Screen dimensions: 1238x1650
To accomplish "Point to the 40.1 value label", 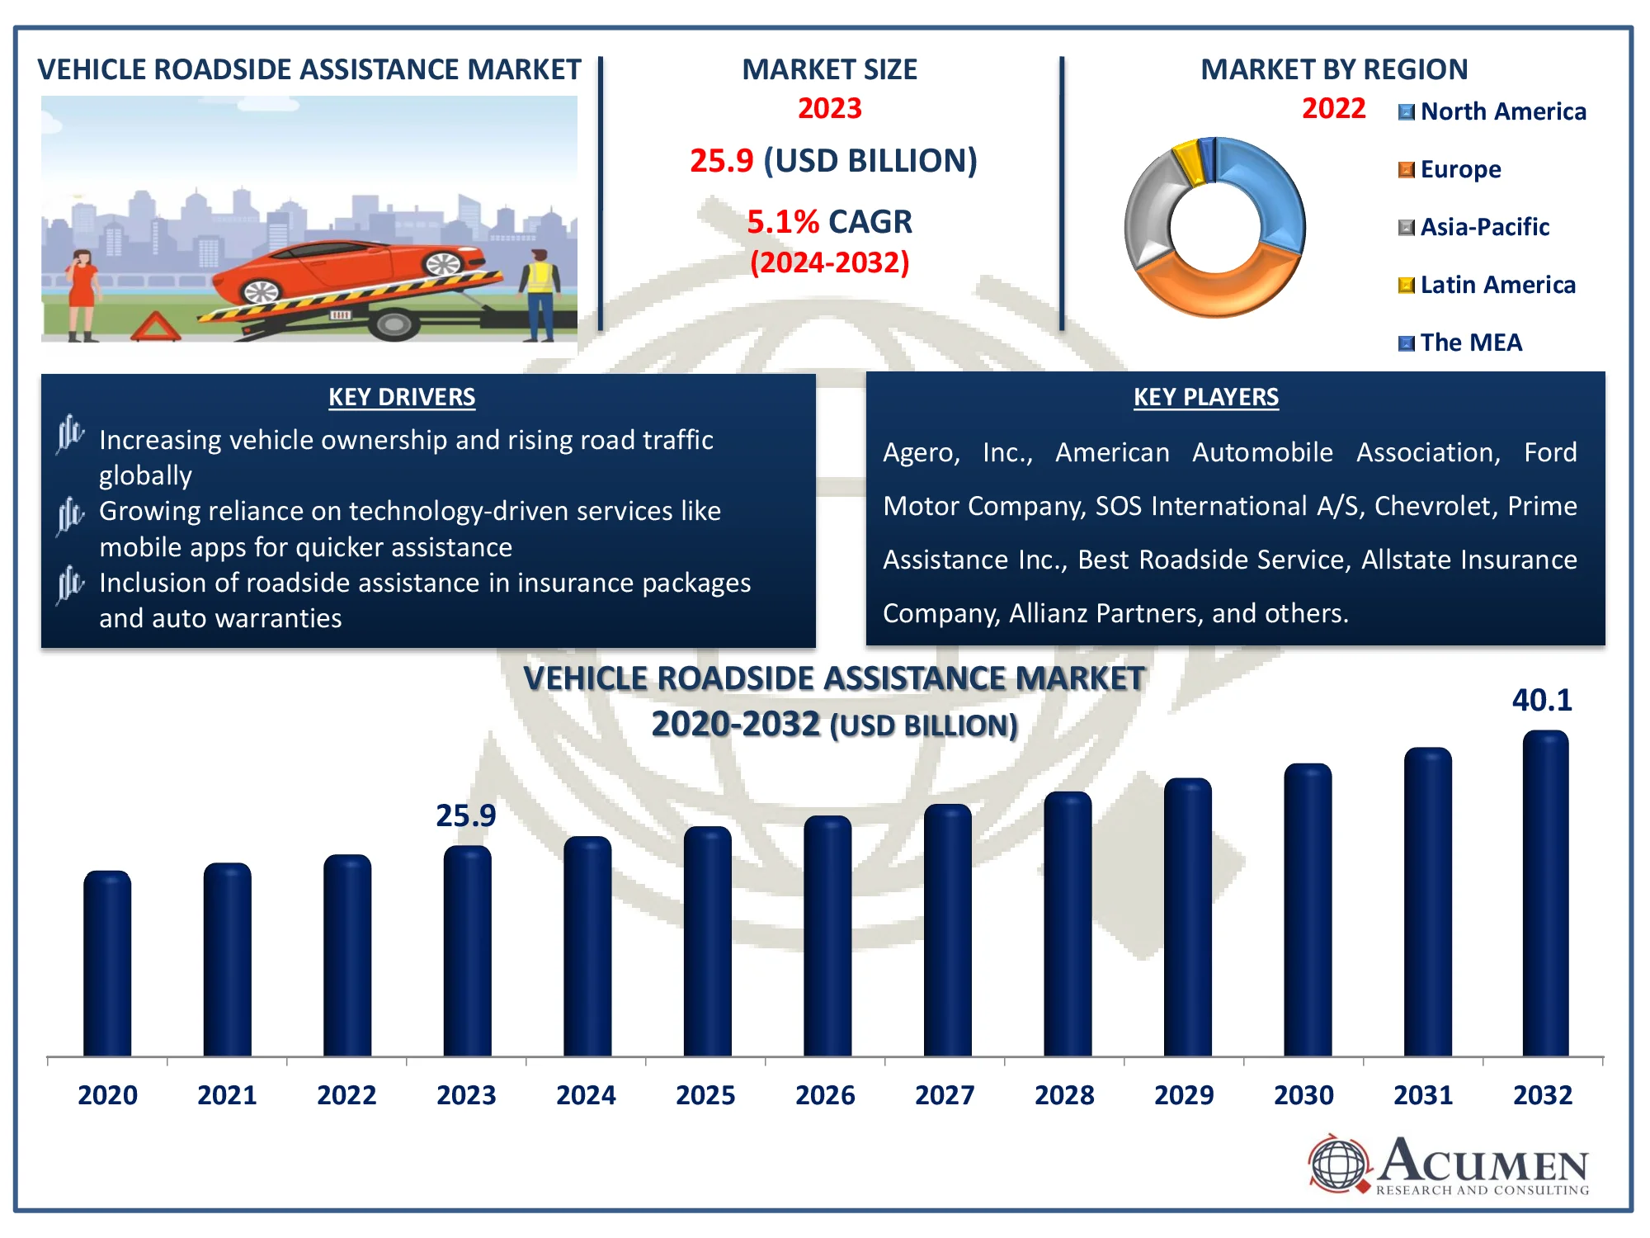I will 1542,701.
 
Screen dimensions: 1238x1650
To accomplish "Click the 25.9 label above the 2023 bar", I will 466,816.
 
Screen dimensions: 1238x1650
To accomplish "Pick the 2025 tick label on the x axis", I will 705,1095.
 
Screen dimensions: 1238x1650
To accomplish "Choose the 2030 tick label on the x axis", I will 1303,1095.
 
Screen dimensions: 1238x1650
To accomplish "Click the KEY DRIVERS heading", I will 402,397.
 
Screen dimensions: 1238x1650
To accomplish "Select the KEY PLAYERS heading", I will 1206,397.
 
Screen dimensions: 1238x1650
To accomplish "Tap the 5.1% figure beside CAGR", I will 782,222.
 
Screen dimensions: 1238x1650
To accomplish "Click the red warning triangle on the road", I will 155,327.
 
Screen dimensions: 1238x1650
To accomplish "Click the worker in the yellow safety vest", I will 540,293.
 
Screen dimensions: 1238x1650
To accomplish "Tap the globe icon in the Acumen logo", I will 1338,1164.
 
